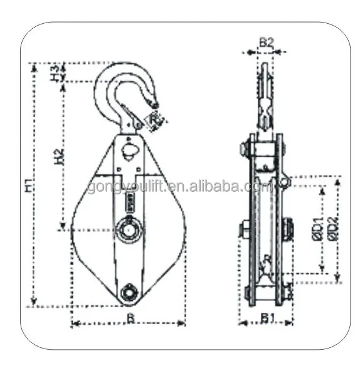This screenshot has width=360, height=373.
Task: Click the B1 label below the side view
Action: click(x=267, y=318)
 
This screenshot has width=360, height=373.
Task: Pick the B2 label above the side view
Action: click(x=266, y=43)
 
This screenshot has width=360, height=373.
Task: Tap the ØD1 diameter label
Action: click(x=318, y=228)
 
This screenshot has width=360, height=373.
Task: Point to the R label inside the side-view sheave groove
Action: click(x=267, y=258)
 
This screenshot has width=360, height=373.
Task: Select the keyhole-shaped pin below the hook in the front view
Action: click(x=129, y=150)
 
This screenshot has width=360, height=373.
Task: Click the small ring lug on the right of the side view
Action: click(x=285, y=182)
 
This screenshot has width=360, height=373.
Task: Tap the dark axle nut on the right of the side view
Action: click(x=288, y=229)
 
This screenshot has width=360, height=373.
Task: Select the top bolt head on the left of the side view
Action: click(x=243, y=150)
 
